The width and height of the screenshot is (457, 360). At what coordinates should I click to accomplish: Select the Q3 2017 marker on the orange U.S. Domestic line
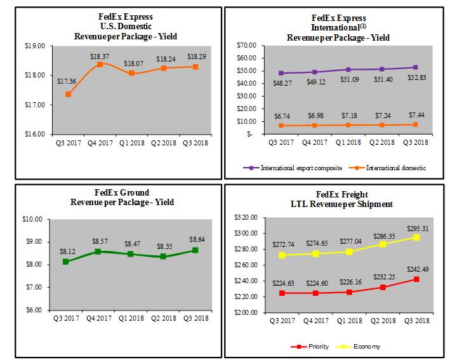68,94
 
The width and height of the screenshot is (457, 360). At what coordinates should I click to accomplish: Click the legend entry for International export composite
293,168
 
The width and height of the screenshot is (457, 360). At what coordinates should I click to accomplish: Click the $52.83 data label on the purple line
416,78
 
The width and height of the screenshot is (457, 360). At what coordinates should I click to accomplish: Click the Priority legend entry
311,347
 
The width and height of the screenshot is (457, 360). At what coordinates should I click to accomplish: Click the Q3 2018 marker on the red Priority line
416,279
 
